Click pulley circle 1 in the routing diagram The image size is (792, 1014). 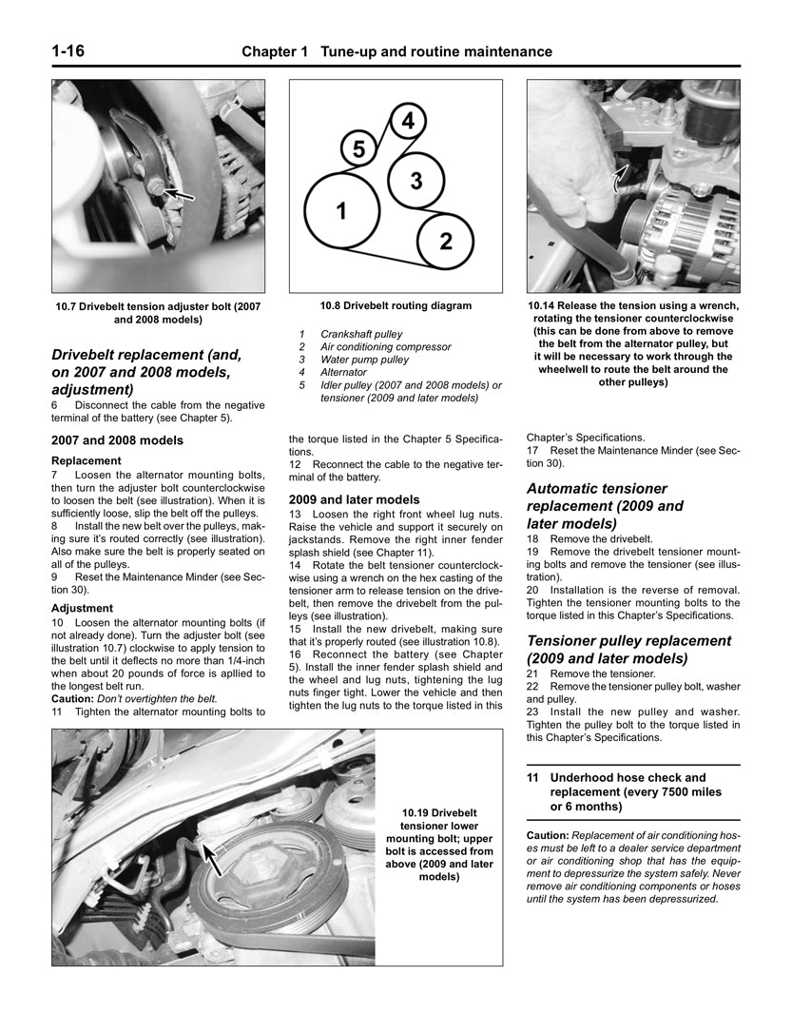341,211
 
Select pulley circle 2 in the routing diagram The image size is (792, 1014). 445,240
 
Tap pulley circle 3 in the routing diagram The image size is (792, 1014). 415,180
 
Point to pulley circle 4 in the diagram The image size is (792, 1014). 407,121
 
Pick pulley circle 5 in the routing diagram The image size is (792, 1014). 358,149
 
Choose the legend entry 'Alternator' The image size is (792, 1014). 343,373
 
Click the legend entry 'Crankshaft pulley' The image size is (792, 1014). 361,335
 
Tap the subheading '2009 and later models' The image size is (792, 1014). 354,498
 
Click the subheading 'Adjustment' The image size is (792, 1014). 82,608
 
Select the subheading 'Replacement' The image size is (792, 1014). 86,460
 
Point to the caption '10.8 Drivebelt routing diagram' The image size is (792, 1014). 396,306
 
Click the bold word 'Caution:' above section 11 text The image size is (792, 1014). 548,834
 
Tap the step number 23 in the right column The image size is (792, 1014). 533,712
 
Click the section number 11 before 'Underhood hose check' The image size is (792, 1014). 533,777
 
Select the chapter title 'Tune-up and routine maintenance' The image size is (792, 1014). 436,51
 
